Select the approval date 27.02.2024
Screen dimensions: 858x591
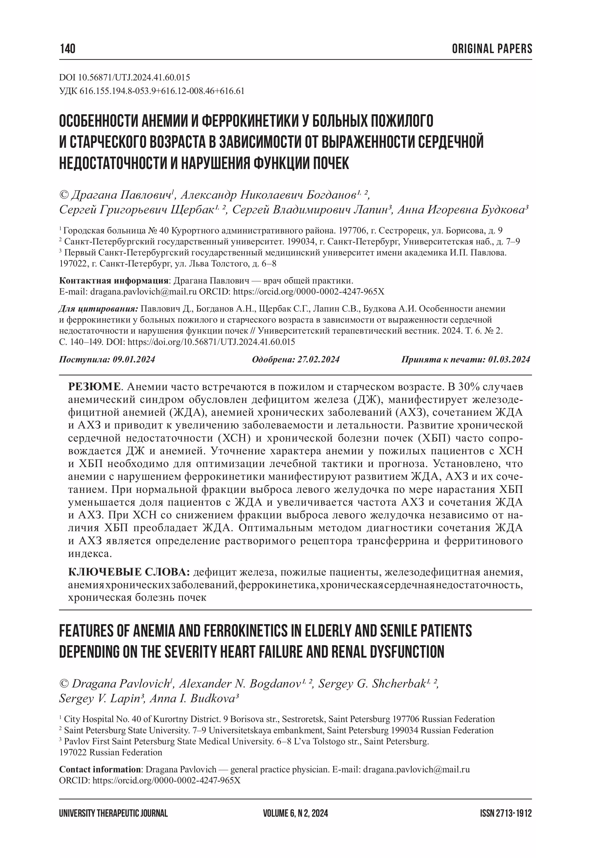pos(318,359)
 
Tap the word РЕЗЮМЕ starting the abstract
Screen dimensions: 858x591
pos(95,387)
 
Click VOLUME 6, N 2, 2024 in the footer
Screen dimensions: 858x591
pos(296,813)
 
